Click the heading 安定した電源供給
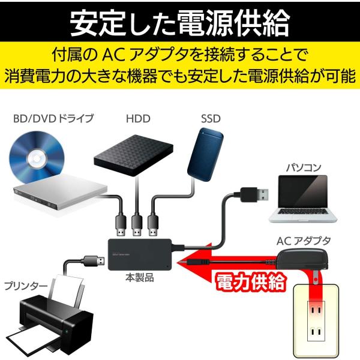tap(180, 22)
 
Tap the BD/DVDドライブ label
tap(53, 118)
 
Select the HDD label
tap(138, 118)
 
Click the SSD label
tap(211, 118)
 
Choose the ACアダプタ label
tap(303, 241)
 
